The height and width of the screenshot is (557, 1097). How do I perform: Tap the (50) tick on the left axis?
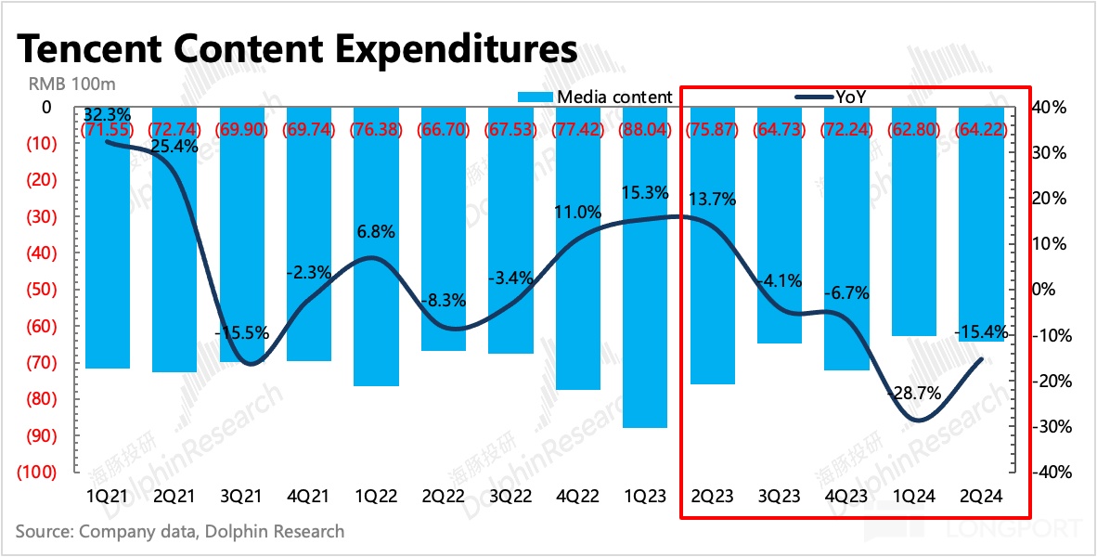(x=38, y=290)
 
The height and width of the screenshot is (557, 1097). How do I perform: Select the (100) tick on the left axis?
(x=34, y=472)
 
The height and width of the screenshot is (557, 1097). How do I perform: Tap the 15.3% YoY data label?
(x=650, y=194)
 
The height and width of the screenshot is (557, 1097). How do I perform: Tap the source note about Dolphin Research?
(x=180, y=532)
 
